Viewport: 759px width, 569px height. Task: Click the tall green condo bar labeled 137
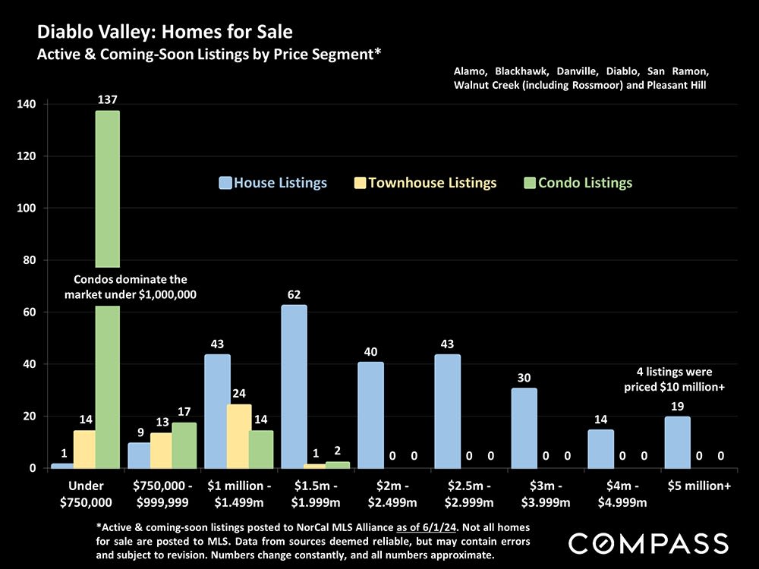click(x=107, y=190)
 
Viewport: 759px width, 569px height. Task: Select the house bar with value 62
click(x=294, y=386)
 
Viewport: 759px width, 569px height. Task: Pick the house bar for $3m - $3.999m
click(x=524, y=428)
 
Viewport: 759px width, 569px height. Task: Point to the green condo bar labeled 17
click(x=184, y=445)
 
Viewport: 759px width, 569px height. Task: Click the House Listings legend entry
click(x=273, y=183)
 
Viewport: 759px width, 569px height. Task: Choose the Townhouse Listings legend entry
click(x=425, y=183)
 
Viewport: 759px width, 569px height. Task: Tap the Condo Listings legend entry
click(x=578, y=183)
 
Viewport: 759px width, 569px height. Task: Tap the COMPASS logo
click(x=648, y=543)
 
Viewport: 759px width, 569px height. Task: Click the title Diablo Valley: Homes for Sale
click(x=165, y=33)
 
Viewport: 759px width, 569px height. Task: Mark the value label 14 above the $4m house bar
click(x=600, y=419)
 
